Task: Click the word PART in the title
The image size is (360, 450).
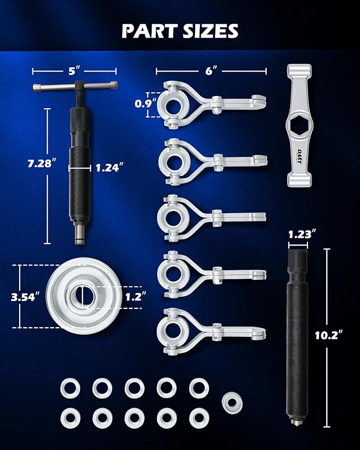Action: pyautogui.click(x=150, y=31)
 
